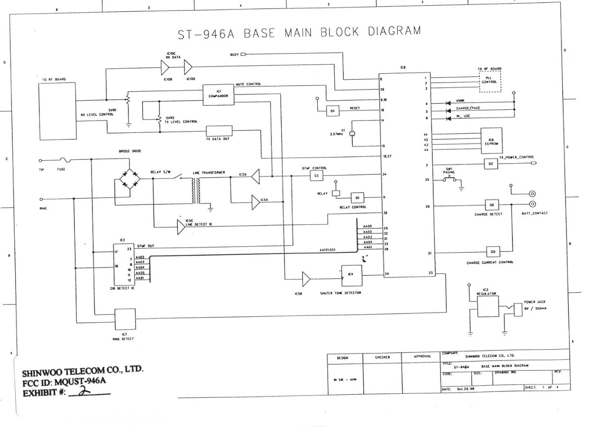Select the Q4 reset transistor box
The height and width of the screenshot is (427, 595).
[x=333, y=111]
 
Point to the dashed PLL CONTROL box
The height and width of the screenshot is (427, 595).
[x=489, y=82]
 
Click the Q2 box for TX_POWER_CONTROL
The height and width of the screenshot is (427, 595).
[x=491, y=164]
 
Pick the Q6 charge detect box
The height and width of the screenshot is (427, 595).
[x=492, y=205]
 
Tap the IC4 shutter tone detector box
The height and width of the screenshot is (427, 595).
[x=351, y=275]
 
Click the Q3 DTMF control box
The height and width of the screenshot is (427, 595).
[x=316, y=176]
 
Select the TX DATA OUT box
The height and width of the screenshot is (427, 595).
[x=219, y=131]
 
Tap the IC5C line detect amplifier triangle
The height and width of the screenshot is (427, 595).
[x=181, y=227]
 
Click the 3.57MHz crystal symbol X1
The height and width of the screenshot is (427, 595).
[x=352, y=134]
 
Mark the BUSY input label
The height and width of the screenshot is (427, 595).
[x=235, y=54]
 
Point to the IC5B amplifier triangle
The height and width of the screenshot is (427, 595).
[x=306, y=279]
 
